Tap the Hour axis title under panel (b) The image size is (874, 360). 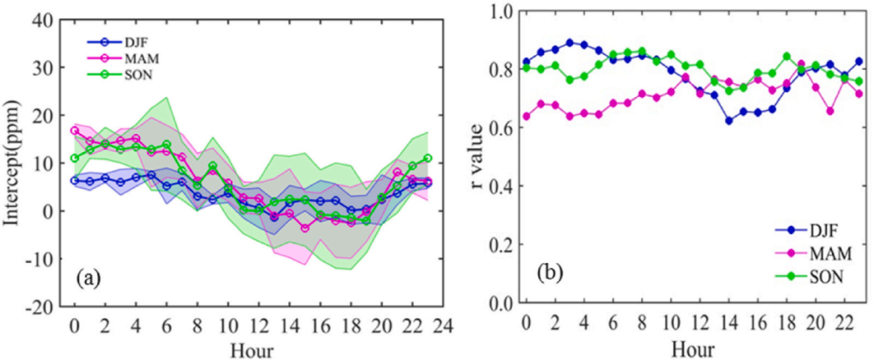click(x=692, y=350)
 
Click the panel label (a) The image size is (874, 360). click(x=88, y=279)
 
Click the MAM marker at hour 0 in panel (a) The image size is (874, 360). click(x=74, y=130)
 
